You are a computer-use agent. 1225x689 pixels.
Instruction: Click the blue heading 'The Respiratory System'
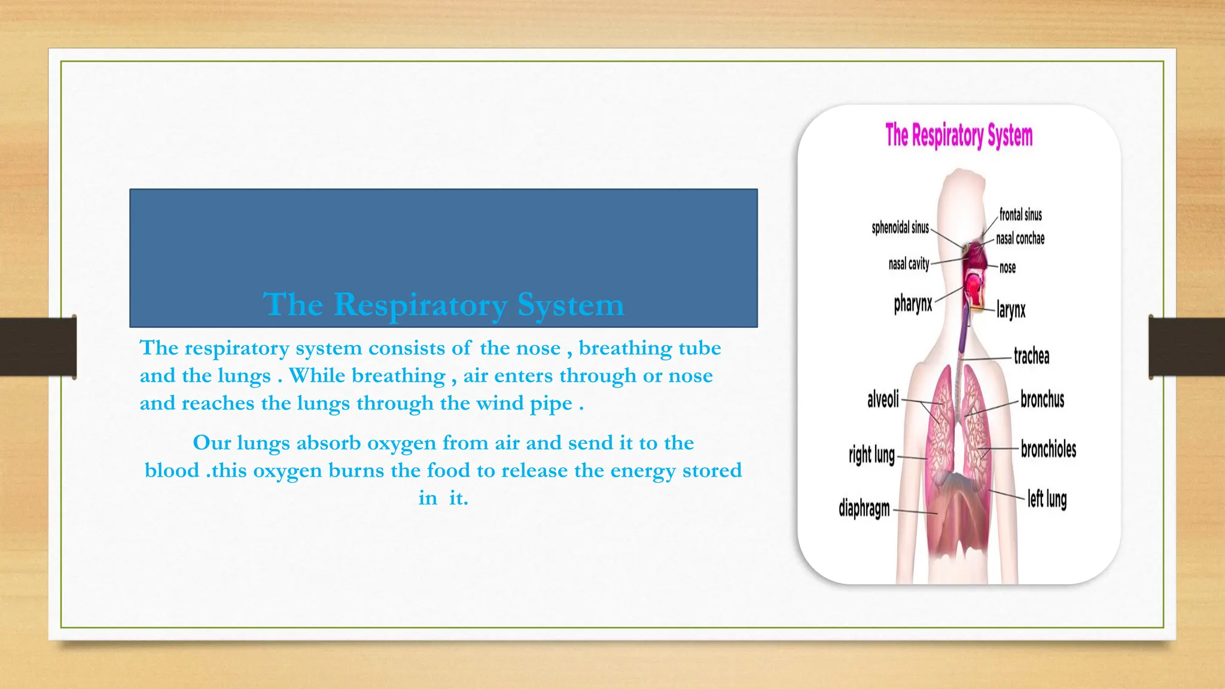443,304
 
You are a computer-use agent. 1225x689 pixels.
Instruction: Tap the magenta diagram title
959,136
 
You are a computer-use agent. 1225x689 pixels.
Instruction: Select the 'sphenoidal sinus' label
900,227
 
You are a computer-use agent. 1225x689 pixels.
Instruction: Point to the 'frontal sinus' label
1020,215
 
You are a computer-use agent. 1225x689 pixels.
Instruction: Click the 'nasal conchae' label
1020,239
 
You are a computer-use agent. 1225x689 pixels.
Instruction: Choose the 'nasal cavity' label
909,264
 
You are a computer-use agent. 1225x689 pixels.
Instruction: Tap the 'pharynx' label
913,304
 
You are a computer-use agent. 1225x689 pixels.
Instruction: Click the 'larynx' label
1011,310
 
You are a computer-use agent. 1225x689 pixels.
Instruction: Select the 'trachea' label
1031,356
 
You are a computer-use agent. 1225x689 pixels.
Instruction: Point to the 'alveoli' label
883,399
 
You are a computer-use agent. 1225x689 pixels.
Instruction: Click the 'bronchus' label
1042,400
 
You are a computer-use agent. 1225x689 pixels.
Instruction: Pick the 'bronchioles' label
1048,449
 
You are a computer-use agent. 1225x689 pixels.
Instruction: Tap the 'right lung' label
871,455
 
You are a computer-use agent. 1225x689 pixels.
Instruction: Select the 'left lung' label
1047,499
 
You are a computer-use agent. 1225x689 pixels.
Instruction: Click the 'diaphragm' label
864,509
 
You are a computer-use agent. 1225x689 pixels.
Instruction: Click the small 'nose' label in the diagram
1007,267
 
